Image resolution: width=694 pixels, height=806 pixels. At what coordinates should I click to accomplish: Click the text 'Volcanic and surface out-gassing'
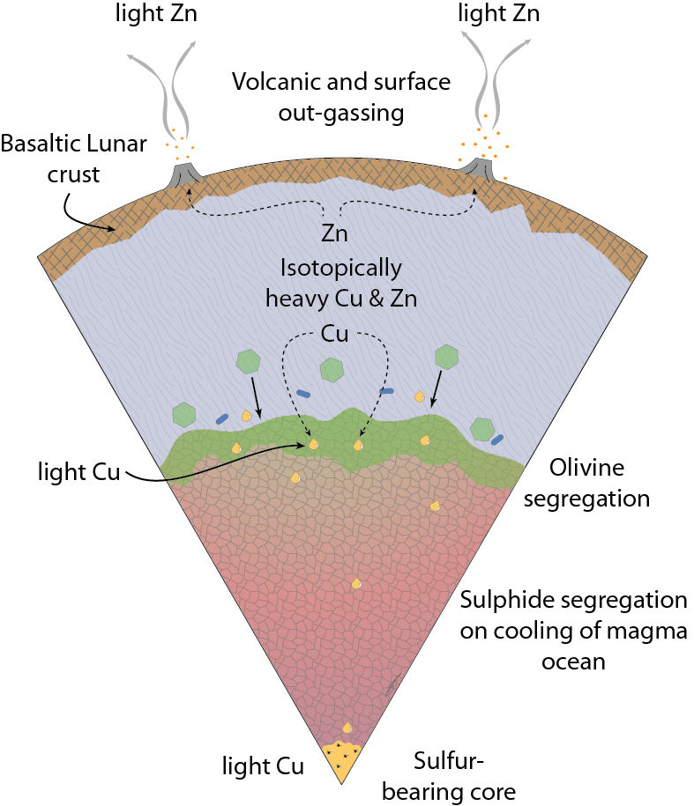click(x=341, y=97)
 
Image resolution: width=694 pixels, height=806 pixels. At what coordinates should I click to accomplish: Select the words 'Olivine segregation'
click(x=599, y=481)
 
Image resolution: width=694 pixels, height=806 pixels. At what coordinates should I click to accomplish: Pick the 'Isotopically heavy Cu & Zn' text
click(x=340, y=283)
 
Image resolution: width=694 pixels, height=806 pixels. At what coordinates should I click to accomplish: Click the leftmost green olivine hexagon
click(x=183, y=413)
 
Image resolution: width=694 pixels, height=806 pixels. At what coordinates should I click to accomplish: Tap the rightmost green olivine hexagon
click(x=481, y=428)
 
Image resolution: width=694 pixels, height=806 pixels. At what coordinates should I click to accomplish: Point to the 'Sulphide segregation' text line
click(x=574, y=601)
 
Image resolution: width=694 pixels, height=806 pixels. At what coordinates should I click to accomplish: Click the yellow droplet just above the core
click(x=347, y=728)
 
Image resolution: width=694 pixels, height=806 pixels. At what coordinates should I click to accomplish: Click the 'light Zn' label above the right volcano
click(x=499, y=15)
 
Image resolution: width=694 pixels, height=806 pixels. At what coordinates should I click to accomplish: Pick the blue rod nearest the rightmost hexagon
click(x=498, y=438)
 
